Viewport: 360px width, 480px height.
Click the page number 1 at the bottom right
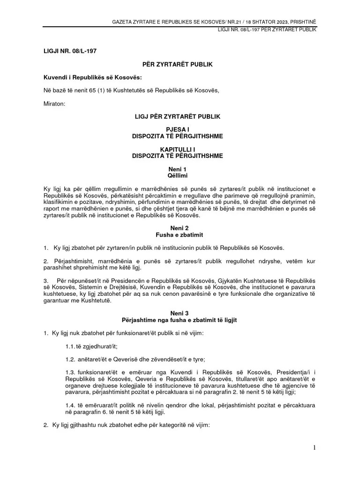coord(315,448)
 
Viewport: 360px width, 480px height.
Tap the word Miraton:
coord(55,103)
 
